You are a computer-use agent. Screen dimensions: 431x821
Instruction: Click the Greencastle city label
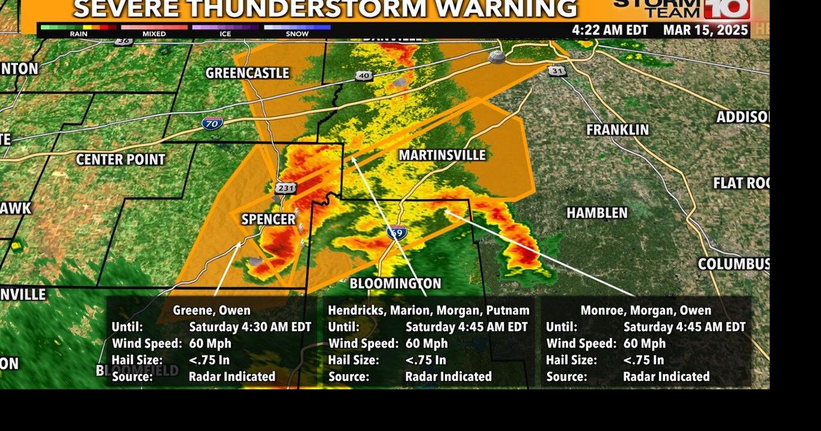click(x=247, y=73)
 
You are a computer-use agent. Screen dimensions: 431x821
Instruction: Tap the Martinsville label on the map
click(x=442, y=155)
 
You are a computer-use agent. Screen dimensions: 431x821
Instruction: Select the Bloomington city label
click(x=395, y=283)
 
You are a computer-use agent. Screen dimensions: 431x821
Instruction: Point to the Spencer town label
click(x=268, y=219)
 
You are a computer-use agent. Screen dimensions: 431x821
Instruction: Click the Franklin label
click(x=617, y=130)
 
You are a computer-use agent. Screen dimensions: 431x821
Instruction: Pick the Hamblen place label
click(x=597, y=212)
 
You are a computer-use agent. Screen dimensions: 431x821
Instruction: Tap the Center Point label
click(x=121, y=159)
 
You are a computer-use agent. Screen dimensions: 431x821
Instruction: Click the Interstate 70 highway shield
click(x=212, y=122)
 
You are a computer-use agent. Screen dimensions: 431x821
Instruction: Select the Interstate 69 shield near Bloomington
click(x=397, y=232)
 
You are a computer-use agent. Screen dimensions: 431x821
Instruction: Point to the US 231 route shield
click(x=285, y=188)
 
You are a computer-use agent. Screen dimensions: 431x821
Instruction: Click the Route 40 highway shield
click(x=364, y=76)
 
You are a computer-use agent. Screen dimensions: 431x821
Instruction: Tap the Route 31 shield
click(x=557, y=71)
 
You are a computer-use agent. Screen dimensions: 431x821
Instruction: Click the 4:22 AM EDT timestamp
click(x=609, y=30)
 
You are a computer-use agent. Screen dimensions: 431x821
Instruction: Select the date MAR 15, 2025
click(x=706, y=30)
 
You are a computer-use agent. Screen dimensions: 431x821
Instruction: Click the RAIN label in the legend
click(x=79, y=34)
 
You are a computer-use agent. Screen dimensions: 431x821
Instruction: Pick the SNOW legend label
click(x=297, y=34)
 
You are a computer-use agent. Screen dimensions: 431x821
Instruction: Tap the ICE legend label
click(x=225, y=34)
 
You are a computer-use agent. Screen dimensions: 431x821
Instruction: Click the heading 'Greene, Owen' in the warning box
click(x=212, y=310)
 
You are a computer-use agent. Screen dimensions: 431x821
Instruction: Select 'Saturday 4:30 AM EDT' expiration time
click(x=250, y=327)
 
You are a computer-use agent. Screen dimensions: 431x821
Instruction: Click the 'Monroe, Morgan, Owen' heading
click(x=645, y=310)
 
